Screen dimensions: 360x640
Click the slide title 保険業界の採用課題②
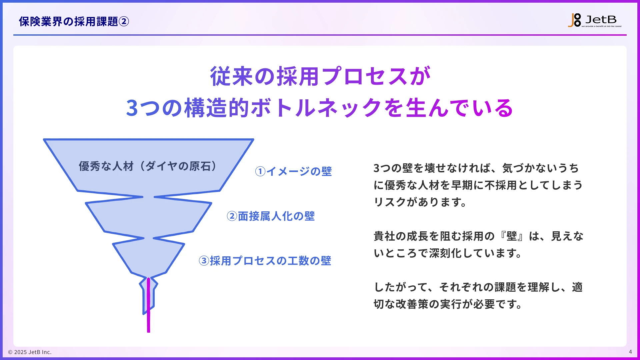pos(74,22)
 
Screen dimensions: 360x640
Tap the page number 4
pos(630,352)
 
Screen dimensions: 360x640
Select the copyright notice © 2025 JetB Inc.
pos(30,352)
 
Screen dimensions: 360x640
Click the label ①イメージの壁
pos(293,171)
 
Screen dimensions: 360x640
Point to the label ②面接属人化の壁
pos(270,216)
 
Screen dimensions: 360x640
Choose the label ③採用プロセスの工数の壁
pos(265,261)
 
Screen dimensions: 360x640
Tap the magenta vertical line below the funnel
pos(148,320)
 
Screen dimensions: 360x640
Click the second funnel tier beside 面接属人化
pos(148,217)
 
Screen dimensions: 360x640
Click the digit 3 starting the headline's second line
pos(132,108)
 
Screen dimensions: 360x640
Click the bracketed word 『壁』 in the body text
pos(512,236)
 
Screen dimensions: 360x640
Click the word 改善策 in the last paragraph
pos(412,304)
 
